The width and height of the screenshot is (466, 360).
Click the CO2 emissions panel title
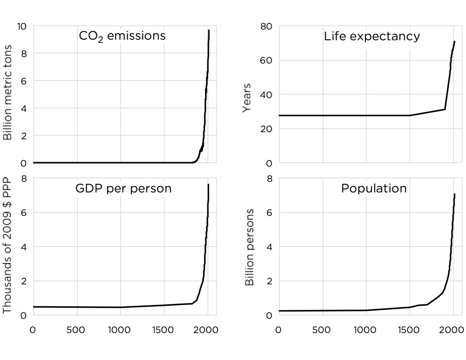point(122,36)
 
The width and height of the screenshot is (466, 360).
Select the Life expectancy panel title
point(372,36)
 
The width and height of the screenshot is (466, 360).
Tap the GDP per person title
point(123,188)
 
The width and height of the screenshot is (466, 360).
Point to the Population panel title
point(374,188)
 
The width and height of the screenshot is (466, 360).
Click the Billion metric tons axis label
point(8,95)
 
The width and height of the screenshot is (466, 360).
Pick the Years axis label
point(247,98)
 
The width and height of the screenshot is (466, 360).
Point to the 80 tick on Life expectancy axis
point(266,26)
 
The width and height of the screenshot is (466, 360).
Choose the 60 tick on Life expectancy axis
point(266,60)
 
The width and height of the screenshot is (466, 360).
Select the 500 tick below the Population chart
point(322,330)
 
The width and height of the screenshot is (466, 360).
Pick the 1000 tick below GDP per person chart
point(120,330)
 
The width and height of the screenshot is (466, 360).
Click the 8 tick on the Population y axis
point(268,178)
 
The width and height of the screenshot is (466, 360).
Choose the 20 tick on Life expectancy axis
point(266,129)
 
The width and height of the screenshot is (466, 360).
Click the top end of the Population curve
point(454,194)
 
